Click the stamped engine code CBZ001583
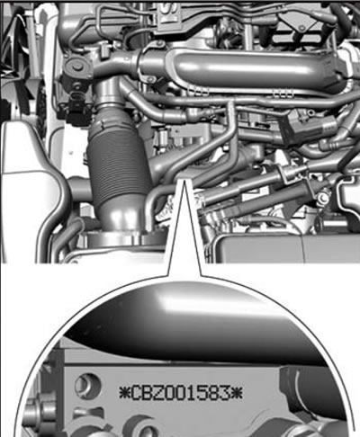[x=181, y=393]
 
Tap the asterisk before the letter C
[x=124, y=393]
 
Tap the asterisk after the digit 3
[x=237, y=393]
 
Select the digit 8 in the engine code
[x=212, y=393]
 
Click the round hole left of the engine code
[x=87, y=385]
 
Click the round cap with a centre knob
[x=76, y=67]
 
